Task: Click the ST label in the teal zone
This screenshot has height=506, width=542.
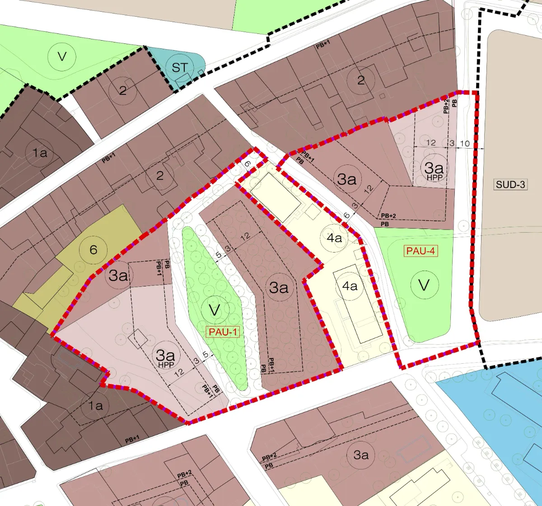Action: click(179, 68)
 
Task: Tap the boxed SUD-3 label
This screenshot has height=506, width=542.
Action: click(511, 184)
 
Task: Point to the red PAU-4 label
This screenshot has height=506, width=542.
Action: click(421, 251)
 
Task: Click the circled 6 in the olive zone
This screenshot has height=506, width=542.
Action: click(93, 249)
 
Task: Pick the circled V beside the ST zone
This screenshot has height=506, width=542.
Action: click(62, 56)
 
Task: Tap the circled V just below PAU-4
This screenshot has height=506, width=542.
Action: click(424, 285)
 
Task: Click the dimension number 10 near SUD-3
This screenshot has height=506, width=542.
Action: click(465, 143)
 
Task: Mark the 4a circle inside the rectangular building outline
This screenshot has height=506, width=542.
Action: click(350, 286)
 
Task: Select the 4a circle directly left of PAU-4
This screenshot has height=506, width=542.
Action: click(335, 238)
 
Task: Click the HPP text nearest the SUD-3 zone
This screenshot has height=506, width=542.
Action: click(434, 178)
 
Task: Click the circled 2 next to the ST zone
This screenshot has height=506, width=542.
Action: click(123, 90)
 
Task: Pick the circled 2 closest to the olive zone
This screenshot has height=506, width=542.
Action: click(160, 175)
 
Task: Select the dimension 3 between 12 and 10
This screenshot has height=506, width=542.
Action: click(451, 143)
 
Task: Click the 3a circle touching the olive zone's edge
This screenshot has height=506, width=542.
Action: click(118, 275)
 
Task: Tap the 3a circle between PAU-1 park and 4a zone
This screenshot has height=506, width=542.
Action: click(279, 287)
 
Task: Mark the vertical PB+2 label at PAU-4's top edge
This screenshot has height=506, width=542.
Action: click(446, 104)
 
